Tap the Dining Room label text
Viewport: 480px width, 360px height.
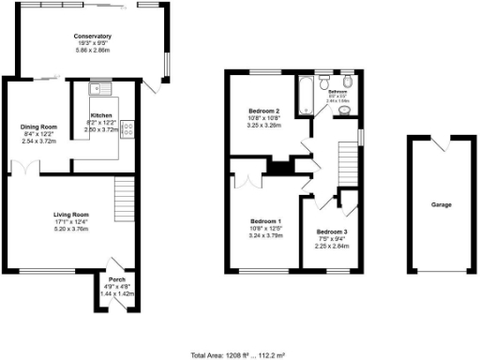(x=39, y=126)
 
